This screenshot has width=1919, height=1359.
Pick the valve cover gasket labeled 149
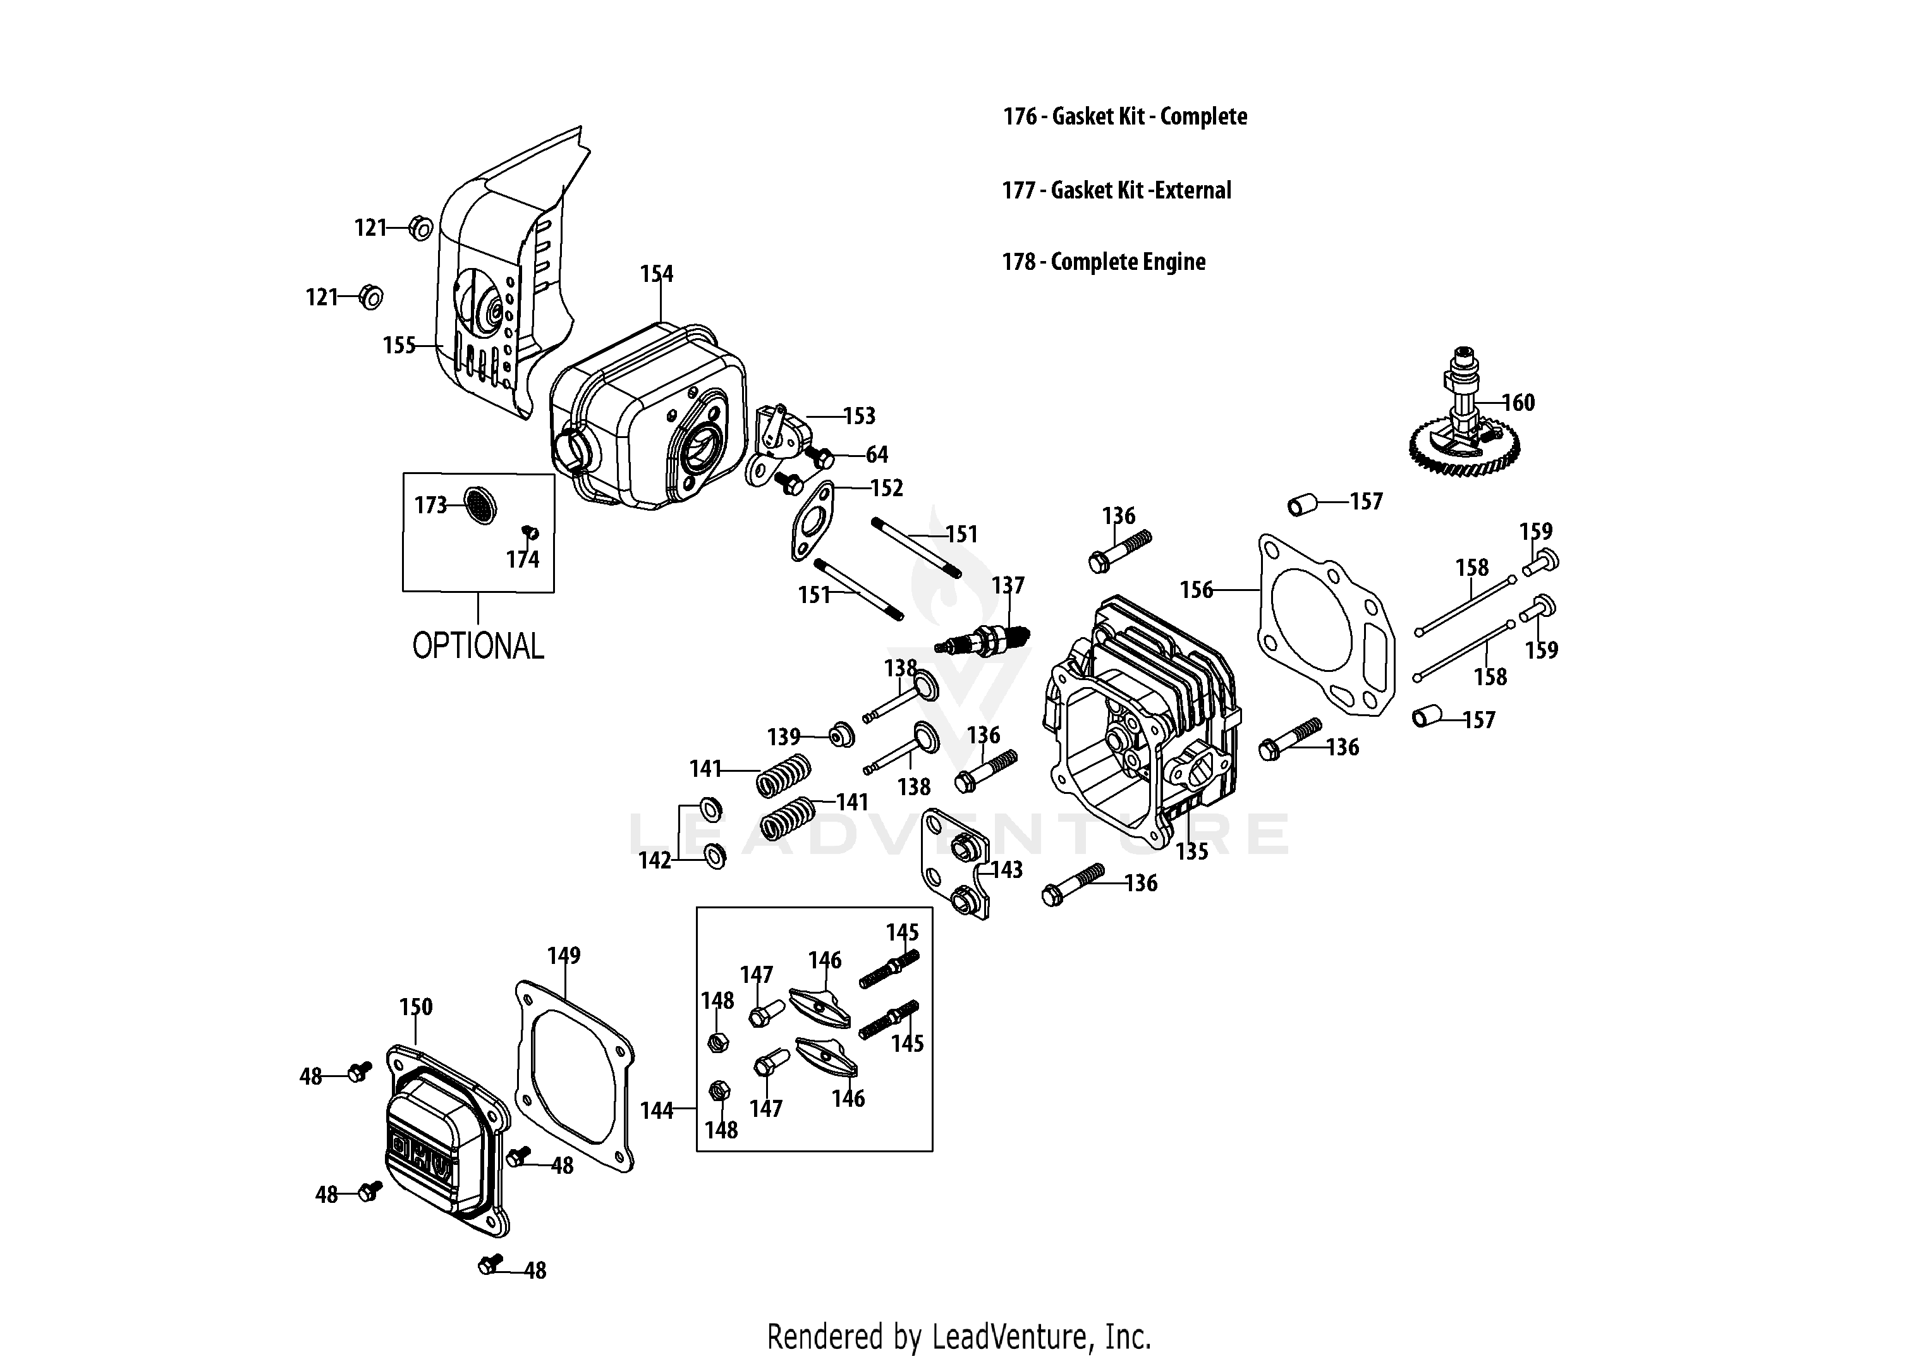pyautogui.click(x=573, y=1080)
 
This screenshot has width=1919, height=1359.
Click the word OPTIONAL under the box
pyautogui.click(x=478, y=646)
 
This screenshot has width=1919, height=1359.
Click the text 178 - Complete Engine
pyautogui.click(x=1103, y=262)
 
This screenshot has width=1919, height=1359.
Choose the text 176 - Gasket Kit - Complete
pyautogui.click(x=1124, y=116)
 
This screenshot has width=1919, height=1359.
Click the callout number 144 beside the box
pyautogui.click(x=656, y=1111)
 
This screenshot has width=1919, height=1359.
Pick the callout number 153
pyautogui.click(x=858, y=416)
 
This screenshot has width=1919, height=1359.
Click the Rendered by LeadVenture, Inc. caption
pyautogui.click(x=959, y=1336)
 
